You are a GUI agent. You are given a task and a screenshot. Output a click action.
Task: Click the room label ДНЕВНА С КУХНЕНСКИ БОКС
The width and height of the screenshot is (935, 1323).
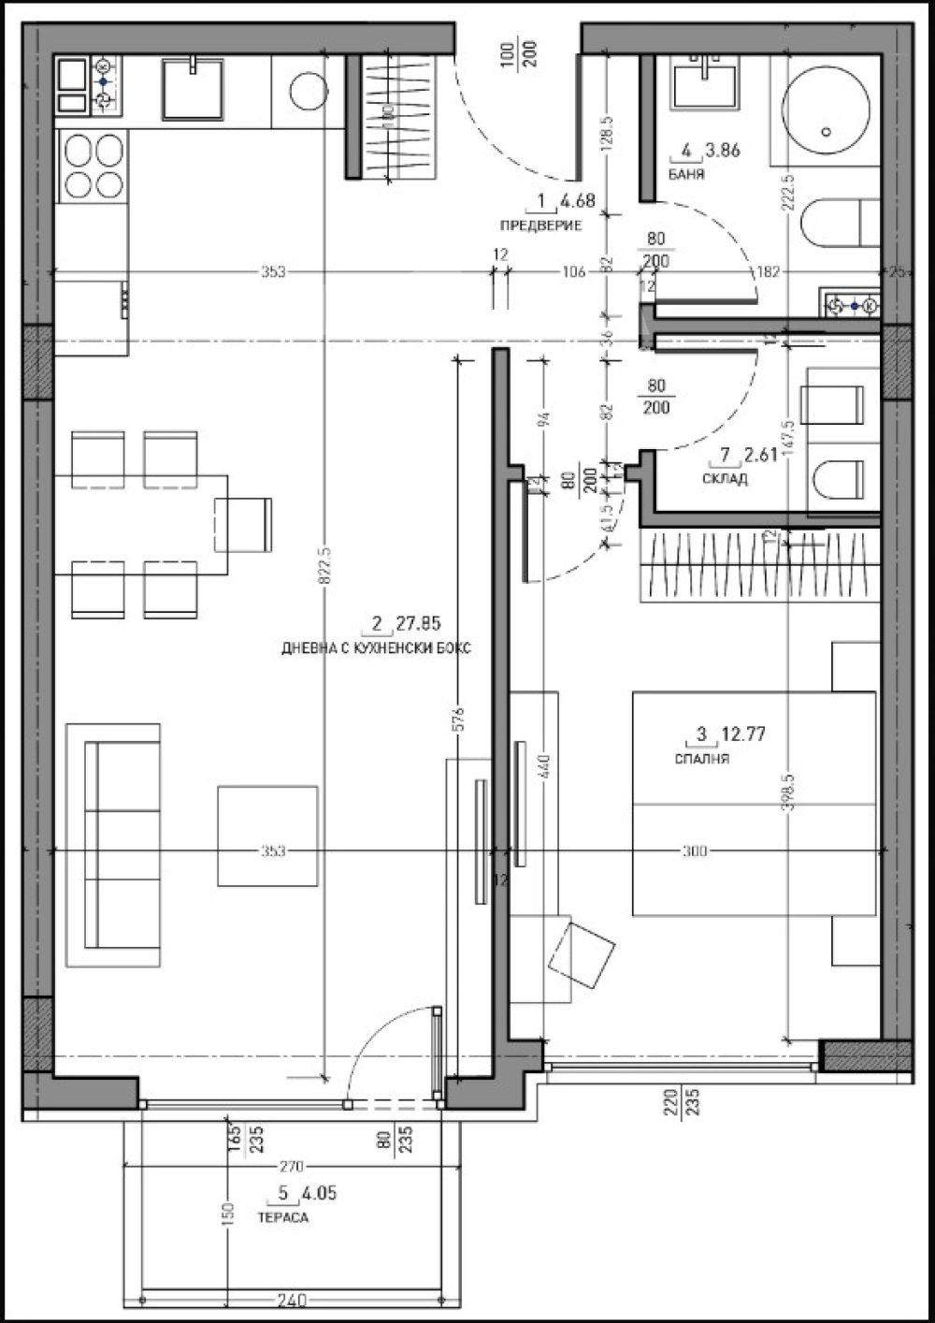[x=376, y=647]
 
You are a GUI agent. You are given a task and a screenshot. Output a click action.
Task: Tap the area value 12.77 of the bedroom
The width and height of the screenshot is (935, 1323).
[x=743, y=735]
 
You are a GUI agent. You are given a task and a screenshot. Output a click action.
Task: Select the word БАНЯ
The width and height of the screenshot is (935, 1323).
[x=686, y=175]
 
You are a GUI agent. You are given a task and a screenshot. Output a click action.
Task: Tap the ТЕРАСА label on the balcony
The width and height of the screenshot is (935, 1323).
[x=281, y=1219]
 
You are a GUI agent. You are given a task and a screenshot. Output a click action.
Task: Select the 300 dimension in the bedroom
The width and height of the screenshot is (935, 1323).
[x=694, y=851]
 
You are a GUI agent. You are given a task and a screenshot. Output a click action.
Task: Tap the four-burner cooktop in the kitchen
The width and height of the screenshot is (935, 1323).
[x=93, y=165]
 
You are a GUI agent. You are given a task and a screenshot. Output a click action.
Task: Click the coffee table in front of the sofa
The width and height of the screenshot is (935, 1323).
[x=267, y=836]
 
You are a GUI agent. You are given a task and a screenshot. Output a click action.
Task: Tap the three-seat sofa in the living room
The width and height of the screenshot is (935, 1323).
[x=112, y=844]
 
